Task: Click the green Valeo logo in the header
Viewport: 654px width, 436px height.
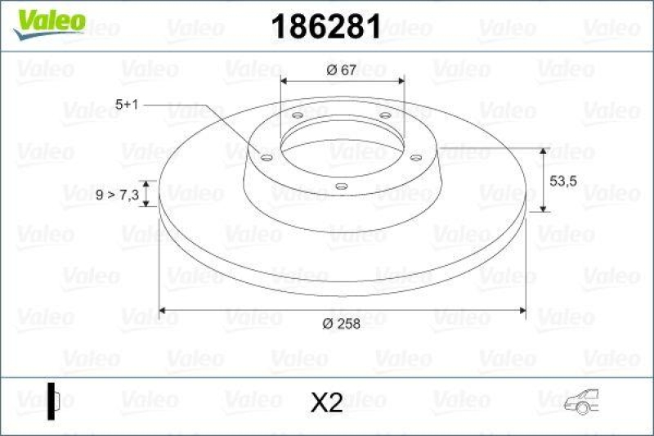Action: point(48,20)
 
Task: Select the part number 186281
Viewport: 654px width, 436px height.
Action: point(325,27)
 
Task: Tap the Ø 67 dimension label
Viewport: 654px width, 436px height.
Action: point(341,70)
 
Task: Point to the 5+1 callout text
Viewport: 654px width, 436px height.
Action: point(128,105)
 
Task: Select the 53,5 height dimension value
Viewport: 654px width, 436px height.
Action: point(563,182)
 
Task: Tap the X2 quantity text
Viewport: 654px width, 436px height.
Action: point(327,402)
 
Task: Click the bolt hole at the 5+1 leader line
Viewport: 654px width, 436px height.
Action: point(267,157)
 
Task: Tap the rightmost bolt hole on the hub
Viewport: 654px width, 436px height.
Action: point(415,157)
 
